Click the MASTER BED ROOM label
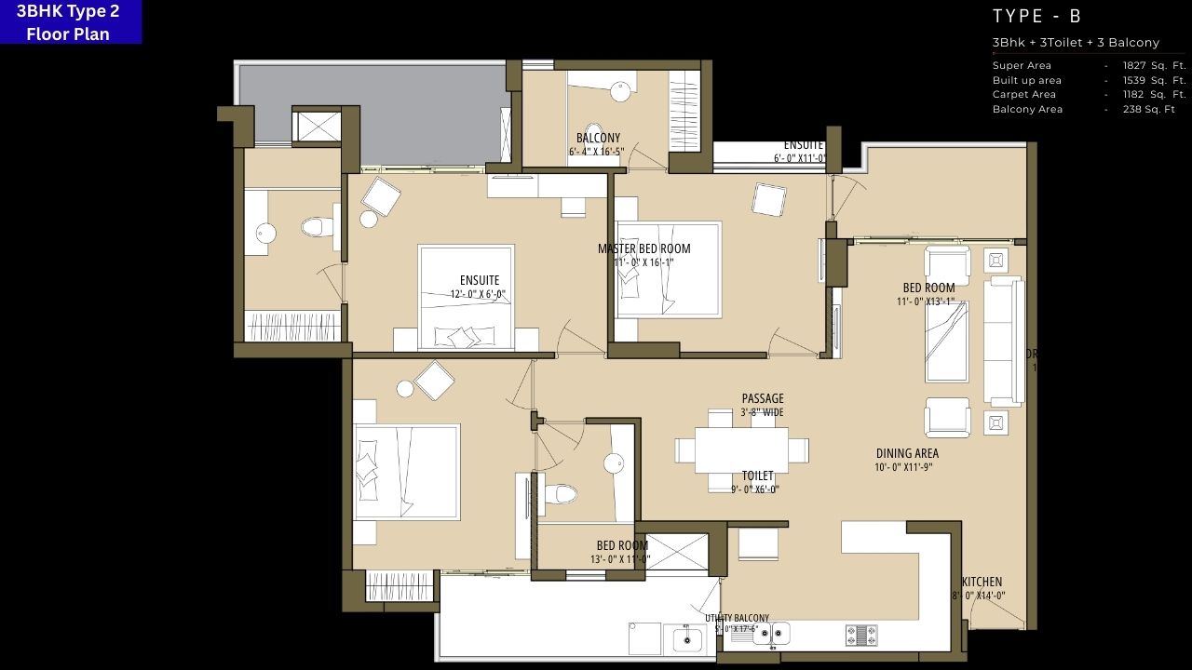[x=644, y=248]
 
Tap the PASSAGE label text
[x=763, y=398]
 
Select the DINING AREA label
[x=907, y=453]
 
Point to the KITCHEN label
[x=982, y=582]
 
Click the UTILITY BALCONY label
[x=737, y=618]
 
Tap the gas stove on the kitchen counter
[x=861, y=635]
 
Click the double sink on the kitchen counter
[x=771, y=634]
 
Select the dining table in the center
[x=741, y=450]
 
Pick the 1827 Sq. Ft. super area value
[x=1154, y=65]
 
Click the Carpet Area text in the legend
[x=1024, y=94]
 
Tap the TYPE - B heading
[x=1036, y=16]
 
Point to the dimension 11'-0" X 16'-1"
[x=644, y=262]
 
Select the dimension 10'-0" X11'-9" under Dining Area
[x=903, y=467]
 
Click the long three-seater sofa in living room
[x=1004, y=342]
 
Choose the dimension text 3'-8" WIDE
[x=763, y=412]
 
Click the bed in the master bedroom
[x=669, y=270]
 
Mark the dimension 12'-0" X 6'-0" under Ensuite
[x=478, y=294]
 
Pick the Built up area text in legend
[x=1026, y=80]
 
